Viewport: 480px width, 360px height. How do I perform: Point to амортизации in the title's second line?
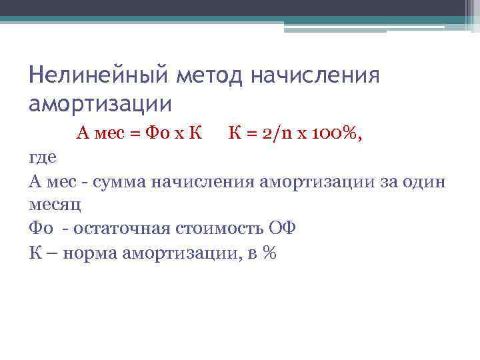tap(100, 104)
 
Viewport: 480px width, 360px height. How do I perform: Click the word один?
tap(424, 182)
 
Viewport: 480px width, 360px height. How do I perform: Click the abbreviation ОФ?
tap(282, 229)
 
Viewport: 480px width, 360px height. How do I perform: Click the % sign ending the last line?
tap(269, 253)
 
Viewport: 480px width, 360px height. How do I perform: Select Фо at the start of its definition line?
tap(39, 229)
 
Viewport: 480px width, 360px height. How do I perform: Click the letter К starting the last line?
tap(35, 253)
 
